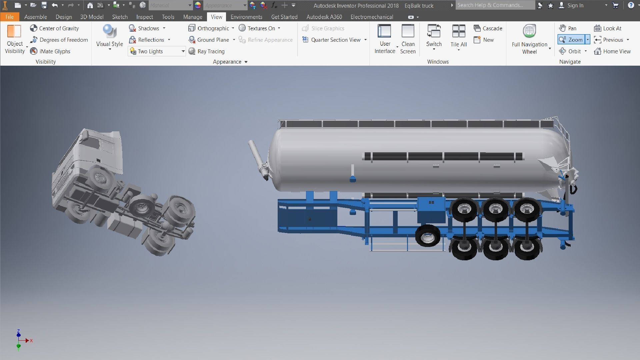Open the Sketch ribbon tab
coord(120,17)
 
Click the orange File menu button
coord(9,17)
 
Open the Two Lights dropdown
coord(183,51)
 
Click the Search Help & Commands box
coord(495,5)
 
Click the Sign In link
coord(575,5)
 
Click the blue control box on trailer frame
coord(431,209)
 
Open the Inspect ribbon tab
coord(144,17)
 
